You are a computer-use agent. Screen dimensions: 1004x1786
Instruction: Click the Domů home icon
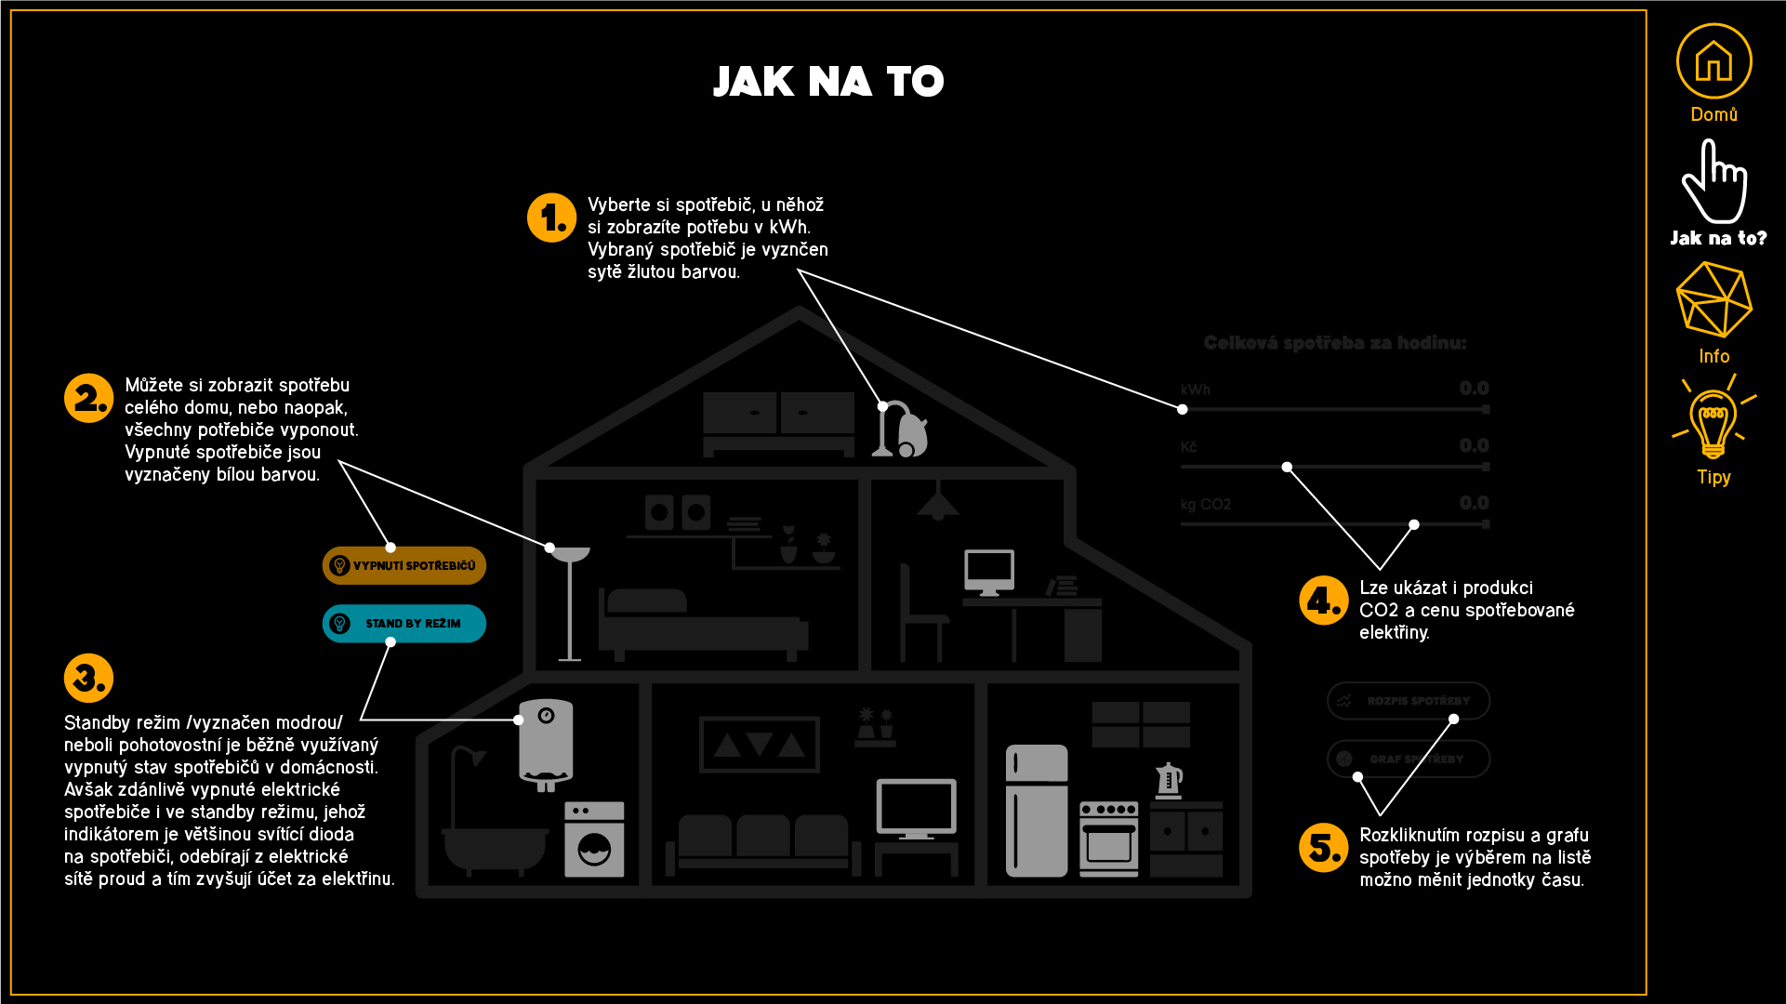(x=1713, y=61)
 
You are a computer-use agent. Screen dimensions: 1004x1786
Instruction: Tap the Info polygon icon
(x=1713, y=299)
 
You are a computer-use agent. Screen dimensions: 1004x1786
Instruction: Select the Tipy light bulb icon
(x=1713, y=423)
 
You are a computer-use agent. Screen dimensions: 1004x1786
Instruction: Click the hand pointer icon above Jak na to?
(x=1713, y=181)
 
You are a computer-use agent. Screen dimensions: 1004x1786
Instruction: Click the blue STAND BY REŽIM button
(x=404, y=624)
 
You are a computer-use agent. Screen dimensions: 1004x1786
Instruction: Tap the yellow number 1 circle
(x=551, y=218)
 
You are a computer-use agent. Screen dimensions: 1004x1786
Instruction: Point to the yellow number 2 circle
(x=88, y=398)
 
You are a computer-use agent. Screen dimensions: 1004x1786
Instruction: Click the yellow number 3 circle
(x=88, y=678)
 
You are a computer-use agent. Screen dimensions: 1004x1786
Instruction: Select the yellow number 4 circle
(x=1323, y=601)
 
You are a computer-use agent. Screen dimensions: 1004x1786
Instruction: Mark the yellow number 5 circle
(x=1323, y=847)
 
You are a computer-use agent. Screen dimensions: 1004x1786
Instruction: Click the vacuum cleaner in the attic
(x=901, y=429)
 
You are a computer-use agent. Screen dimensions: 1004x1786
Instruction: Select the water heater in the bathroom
(x=546, y=744)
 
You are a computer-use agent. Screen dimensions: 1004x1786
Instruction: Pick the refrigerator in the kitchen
(x=1037, y=811)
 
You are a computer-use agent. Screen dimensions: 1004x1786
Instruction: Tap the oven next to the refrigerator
(x=1108, y=839)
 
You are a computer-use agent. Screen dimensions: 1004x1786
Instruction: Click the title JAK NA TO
(x=828, y=82)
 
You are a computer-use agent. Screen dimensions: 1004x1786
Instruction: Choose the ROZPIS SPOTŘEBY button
(x=1408, y=701)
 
